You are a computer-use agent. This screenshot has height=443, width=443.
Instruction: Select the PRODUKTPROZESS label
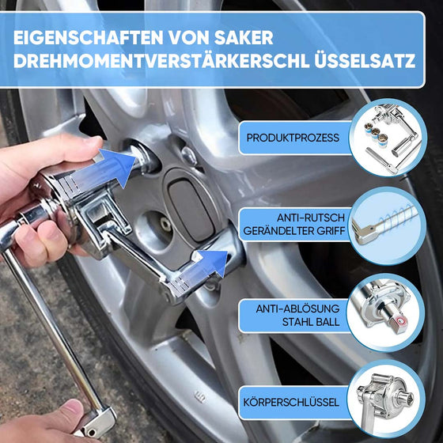point(293,138)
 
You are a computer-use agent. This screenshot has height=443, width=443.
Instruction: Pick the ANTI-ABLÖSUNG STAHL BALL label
point(297,313)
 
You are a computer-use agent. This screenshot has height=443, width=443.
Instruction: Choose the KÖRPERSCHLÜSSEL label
point(293,402)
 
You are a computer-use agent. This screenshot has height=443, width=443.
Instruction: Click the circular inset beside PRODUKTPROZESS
point(388,136)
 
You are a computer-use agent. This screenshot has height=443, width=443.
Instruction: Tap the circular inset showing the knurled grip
point(388,225)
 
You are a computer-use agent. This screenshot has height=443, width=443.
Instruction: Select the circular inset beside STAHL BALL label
point(388,313)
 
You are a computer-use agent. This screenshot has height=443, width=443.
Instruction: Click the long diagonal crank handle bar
point(47,324)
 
